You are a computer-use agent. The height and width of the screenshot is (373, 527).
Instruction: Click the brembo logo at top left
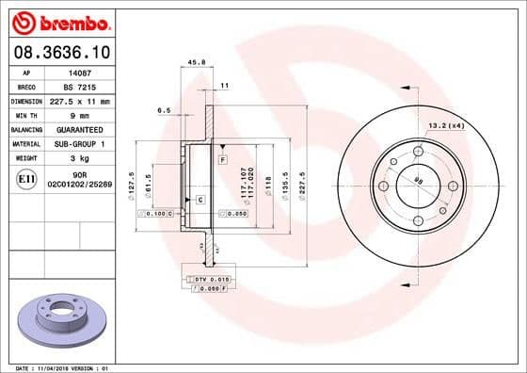tap(61, 21)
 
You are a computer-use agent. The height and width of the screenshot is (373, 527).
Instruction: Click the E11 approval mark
tap(26, 178)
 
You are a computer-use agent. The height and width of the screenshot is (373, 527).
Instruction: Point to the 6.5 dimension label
tap(163, 110)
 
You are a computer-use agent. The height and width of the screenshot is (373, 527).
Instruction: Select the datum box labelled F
tap(223, 161)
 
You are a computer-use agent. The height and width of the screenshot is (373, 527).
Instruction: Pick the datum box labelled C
tap(200, 200)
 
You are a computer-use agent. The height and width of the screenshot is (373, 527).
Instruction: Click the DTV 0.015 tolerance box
tap(209, 280)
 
